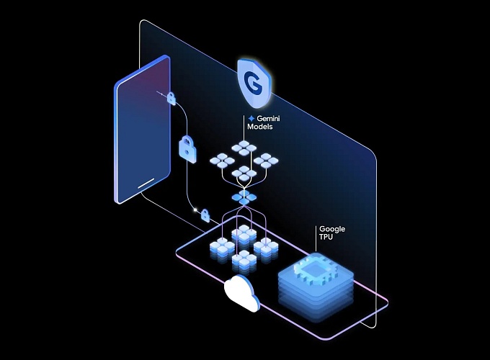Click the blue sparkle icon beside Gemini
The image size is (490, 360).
[x=251, y=118]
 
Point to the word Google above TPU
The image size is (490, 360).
[x=332, y=229]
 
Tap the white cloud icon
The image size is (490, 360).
[x=241, y=292]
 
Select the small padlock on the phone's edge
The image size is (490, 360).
[x=171, y=97]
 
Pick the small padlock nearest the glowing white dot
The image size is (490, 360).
[x=205, y=215]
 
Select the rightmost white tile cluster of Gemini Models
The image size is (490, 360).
[x=267, y=161]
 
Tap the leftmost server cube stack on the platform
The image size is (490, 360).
[x=220, y=248]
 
